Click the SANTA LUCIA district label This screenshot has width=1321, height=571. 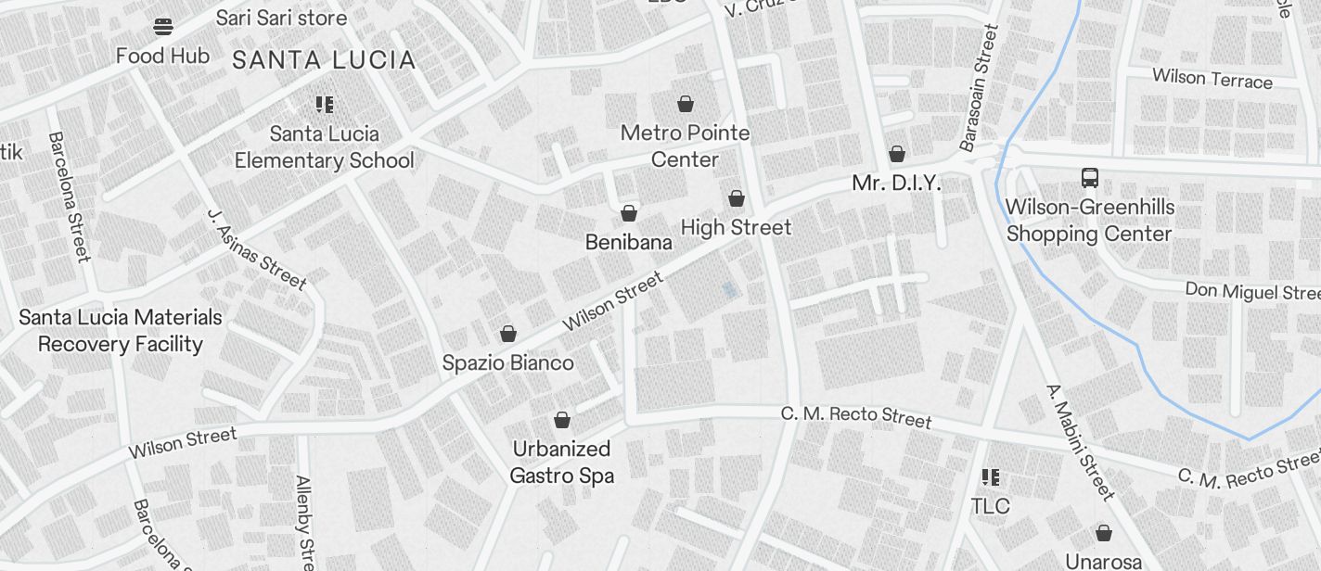(324, 61)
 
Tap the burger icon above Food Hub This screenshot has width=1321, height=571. (163, 27)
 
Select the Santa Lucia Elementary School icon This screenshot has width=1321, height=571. (324, 105)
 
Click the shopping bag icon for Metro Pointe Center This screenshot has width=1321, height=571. (686, 103)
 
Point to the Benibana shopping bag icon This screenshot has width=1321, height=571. (629, 214)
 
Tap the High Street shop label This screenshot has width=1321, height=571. (736, 227)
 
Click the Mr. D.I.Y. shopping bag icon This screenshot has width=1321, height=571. (897, 154)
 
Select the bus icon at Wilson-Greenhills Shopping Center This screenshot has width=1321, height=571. (1090, 178)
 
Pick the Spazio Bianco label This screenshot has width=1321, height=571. (507, 362)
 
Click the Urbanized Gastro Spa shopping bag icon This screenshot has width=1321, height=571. (562, 421)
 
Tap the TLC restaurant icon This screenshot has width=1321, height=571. (991, 477)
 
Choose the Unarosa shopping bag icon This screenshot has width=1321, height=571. (1104, 533)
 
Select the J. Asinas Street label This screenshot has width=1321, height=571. (256, 249)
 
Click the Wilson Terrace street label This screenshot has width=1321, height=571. (1212, 78)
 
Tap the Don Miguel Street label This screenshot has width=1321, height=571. (1252, 291)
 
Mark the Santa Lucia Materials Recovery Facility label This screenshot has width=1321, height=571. (121, 331)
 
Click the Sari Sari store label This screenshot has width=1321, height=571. (281, 18)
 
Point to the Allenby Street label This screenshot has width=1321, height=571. (305, 523)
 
